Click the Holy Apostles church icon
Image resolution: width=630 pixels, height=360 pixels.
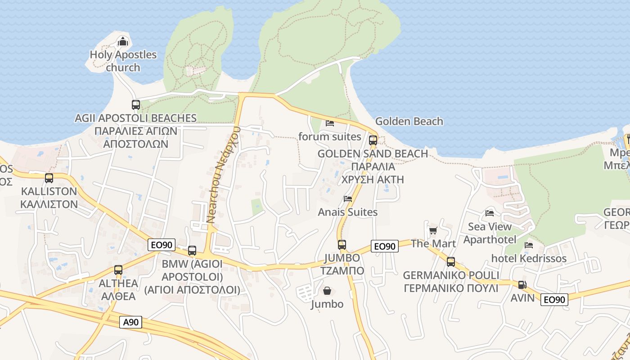pos(123,42)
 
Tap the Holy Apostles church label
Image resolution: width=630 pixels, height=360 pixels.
pos(123,61)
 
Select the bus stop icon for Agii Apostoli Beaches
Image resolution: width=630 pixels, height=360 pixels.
pos(136,105)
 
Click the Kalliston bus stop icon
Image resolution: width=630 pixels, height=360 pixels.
pos(49,178)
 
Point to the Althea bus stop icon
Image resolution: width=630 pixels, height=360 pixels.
pos(118,270)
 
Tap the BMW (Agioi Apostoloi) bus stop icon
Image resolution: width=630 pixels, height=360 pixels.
pos(192,251)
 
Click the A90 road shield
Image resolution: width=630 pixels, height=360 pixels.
pos(131,322)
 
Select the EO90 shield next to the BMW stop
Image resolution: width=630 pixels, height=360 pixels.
pos(162,245)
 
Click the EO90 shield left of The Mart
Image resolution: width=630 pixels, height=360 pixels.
pos(385,246)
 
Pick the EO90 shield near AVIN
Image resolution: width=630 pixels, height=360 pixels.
pos(554,299)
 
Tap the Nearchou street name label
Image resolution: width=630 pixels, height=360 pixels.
pos(223,175)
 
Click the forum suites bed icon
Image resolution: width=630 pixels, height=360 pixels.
pos(330,123)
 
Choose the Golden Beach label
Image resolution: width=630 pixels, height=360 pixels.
pos(409,121)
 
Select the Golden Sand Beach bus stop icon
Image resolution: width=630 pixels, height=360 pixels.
pos(373,140)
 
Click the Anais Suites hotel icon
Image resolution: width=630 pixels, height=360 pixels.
pos(348,198)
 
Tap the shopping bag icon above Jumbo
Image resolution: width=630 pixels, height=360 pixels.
pos(327,291)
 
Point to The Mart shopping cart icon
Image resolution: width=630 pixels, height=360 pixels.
pos(433,230)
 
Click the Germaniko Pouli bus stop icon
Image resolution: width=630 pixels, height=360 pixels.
pos(451,262)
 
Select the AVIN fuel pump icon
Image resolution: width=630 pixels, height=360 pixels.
pos(522,284)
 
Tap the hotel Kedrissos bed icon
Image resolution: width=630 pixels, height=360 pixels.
pos(529,245)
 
